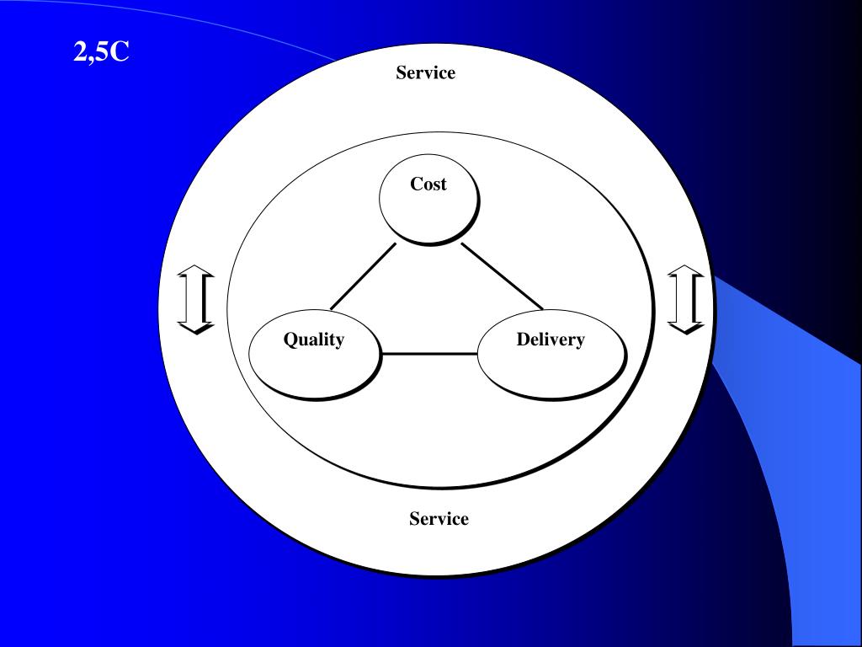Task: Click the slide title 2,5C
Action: pyautogui.click(x=101, y=53)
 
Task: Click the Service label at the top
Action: pyautogui.click(x=425, y=72)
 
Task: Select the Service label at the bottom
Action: pyautogui.click(x=439, y=519)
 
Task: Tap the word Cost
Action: pyautogui.click(x=428, y=184)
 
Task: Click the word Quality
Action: pyautogui.click(x=313, y=340)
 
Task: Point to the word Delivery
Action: pyautogui.click(x=551, y=340)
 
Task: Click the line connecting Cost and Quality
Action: pyautogui.click(x=363, y=276)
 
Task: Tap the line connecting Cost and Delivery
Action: pyautogui.click(x=502, y=276)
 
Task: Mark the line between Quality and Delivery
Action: pyautogui.click(x=429, y=354)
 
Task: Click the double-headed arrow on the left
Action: pyautogui.click(x=195, y=299)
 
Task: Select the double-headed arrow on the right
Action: pyautogui.click(x=685, y=299)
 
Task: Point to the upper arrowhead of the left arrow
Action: pyautogui.click(x=195, y=271)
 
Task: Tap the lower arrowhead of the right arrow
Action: pyautogui.click(x=685, y=327)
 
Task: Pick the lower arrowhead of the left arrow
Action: pyautogui.click(x=195, y=327)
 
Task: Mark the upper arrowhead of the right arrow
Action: pyautogui.click(x=685, y=271)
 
